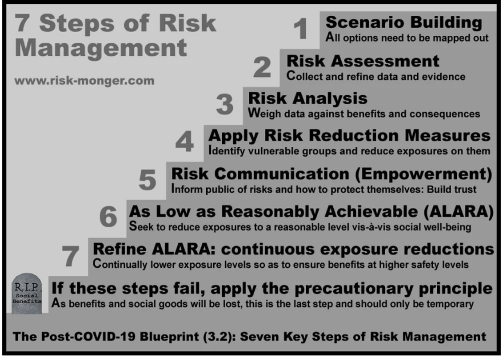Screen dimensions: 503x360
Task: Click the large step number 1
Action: click(x=301, y=28)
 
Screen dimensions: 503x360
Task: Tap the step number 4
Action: click(x=185, y=141)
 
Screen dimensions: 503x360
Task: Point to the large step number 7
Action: click(x=70, y=256)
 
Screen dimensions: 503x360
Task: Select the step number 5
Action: click(x=148, y=179)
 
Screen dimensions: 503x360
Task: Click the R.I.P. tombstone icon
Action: click(x=27, y=293)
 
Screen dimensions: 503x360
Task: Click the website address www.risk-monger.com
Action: click(x=84, y=80)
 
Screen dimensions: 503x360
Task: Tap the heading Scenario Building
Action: click(x=404, y=22)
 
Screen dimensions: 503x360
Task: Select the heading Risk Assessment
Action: click(x=363, y=61)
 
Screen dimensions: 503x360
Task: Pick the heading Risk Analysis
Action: click(x=308, y=99)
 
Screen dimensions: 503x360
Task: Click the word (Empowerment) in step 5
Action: click(x=423, y=174)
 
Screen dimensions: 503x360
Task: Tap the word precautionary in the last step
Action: click(x=354, y=289)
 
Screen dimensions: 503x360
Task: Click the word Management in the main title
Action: click(x=101, y=48)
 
